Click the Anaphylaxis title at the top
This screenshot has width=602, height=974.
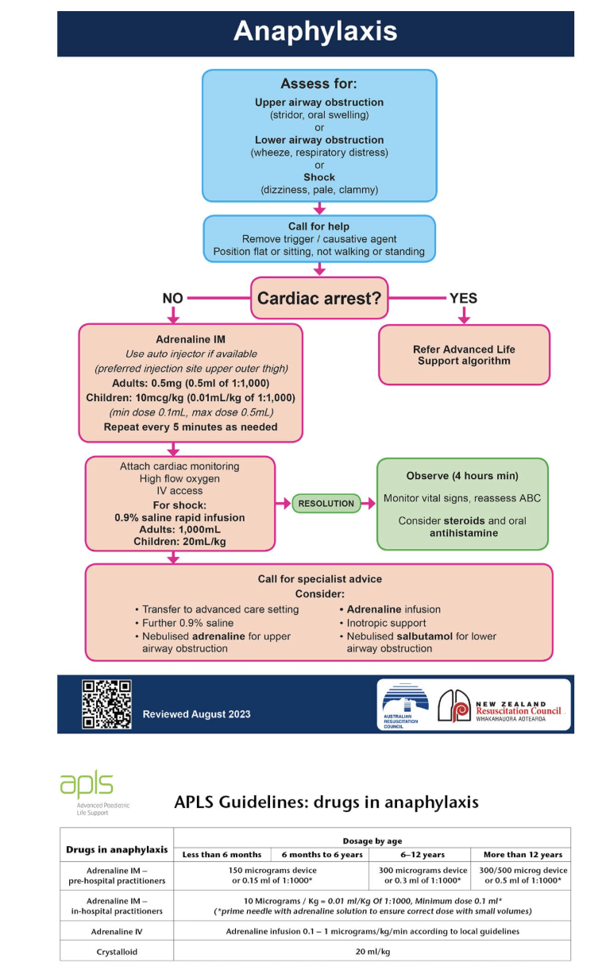click(315, 31)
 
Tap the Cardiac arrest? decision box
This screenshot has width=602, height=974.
click(319, 298)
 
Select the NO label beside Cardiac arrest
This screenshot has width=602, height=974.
click(172, 298)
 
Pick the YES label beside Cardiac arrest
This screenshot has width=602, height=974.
click(463, 298)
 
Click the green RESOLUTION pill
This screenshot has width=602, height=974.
click(326, 504)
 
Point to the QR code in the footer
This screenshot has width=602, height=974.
click(106, 704)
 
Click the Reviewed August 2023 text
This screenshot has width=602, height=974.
click(196, 714)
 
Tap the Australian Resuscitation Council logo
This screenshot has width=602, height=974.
click(404, 705)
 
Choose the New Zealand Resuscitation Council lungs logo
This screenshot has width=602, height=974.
click(453, 705)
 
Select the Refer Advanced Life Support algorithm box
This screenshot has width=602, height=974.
click(465, 355)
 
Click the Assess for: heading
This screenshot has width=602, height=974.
click(318, 83)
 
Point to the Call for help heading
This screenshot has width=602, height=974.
click(318, 226)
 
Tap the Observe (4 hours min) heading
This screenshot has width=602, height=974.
click(462, 476)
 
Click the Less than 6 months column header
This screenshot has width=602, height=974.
click(222, 854)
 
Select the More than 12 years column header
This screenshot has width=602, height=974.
click(523, 854)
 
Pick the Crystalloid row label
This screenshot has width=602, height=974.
click(117, 952)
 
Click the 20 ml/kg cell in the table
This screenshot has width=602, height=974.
click(372, 952)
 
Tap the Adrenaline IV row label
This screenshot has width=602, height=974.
click(117, 931)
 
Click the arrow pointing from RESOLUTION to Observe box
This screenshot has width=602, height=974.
click(368, 504)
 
